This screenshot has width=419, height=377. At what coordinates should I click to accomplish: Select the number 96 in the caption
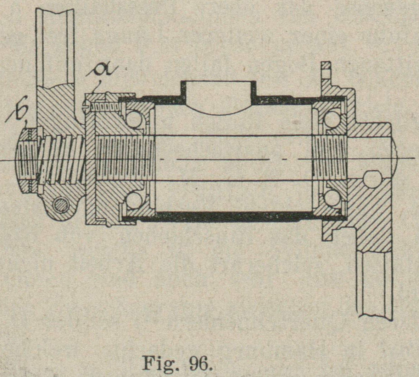click(200, 362)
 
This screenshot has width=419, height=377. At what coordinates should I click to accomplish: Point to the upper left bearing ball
click(134, 119)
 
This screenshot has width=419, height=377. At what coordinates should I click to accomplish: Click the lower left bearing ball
click(134, 200)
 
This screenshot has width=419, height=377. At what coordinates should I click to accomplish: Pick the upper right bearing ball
click(332, 119)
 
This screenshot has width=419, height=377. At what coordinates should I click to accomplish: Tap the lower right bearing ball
click(332, 198)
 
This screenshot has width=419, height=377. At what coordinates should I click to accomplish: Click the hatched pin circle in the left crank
click(61, 205)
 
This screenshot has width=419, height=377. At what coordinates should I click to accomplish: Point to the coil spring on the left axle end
click(60, 160)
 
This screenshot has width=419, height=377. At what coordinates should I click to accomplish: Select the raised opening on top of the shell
click(218, 94)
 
